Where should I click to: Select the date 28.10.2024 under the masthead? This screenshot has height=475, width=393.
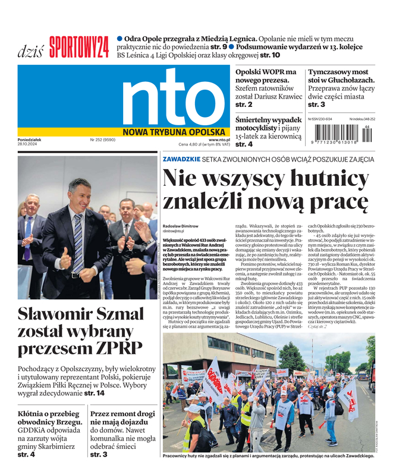point(29,146)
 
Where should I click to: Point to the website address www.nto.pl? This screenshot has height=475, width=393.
point(219,140)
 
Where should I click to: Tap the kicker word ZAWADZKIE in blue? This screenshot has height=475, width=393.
point(181,159)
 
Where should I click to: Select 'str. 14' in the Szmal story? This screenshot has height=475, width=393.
point(95,393)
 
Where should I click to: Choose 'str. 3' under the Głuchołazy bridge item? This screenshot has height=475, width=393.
point(316,104)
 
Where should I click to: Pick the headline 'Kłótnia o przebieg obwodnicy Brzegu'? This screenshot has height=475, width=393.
point(47,418)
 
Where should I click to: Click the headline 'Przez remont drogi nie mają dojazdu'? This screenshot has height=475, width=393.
point(122,418)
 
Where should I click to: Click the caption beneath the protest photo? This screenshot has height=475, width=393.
point(267,455)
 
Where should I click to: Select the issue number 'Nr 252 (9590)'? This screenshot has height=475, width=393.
point(103,140)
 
